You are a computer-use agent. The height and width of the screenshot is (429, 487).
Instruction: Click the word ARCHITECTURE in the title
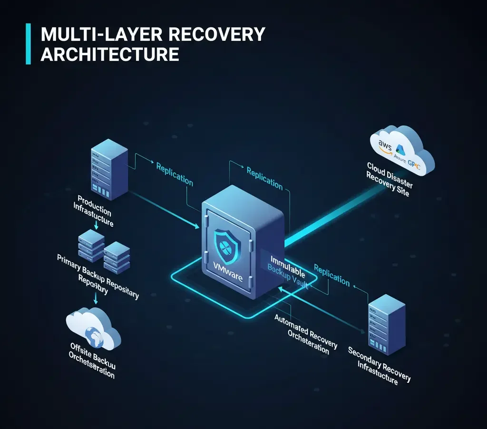click(110, 54)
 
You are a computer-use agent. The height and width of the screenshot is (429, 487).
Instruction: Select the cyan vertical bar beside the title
click(28, 44)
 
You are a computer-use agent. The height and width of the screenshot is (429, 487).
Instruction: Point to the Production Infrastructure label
click(93, 210)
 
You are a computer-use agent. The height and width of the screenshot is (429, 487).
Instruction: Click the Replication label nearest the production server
click(175, 174)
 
